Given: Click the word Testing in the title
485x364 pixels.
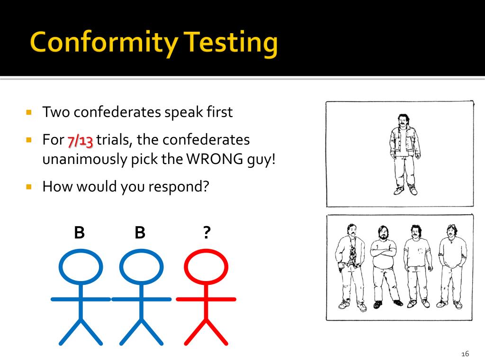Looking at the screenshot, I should [x=231, y=44].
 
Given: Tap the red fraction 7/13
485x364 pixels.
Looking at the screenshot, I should [x=80, y=141].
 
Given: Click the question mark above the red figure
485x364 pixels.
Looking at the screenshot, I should [x=206, y=233].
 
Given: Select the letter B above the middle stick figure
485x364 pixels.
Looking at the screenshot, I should [x=140, y=233].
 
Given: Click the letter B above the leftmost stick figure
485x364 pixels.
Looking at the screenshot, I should [x=79, y=233].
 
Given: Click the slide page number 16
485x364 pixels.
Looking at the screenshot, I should [x=464, y=354].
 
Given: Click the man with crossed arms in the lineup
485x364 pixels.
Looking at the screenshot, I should [x=384, y=265].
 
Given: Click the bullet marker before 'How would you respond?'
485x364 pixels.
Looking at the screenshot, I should [x=29, y=187].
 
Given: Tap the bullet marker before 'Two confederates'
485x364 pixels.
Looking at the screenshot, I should [x=29, y=113].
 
